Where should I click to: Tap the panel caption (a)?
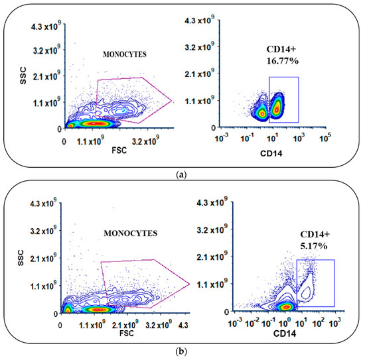[x=182, y=174]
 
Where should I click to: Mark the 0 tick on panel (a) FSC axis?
[x=64, y=141]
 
